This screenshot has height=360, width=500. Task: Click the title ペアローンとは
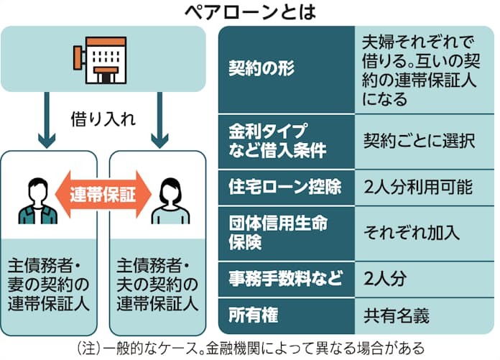coord(250,11)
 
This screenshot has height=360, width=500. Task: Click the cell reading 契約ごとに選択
coord(419,140)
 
